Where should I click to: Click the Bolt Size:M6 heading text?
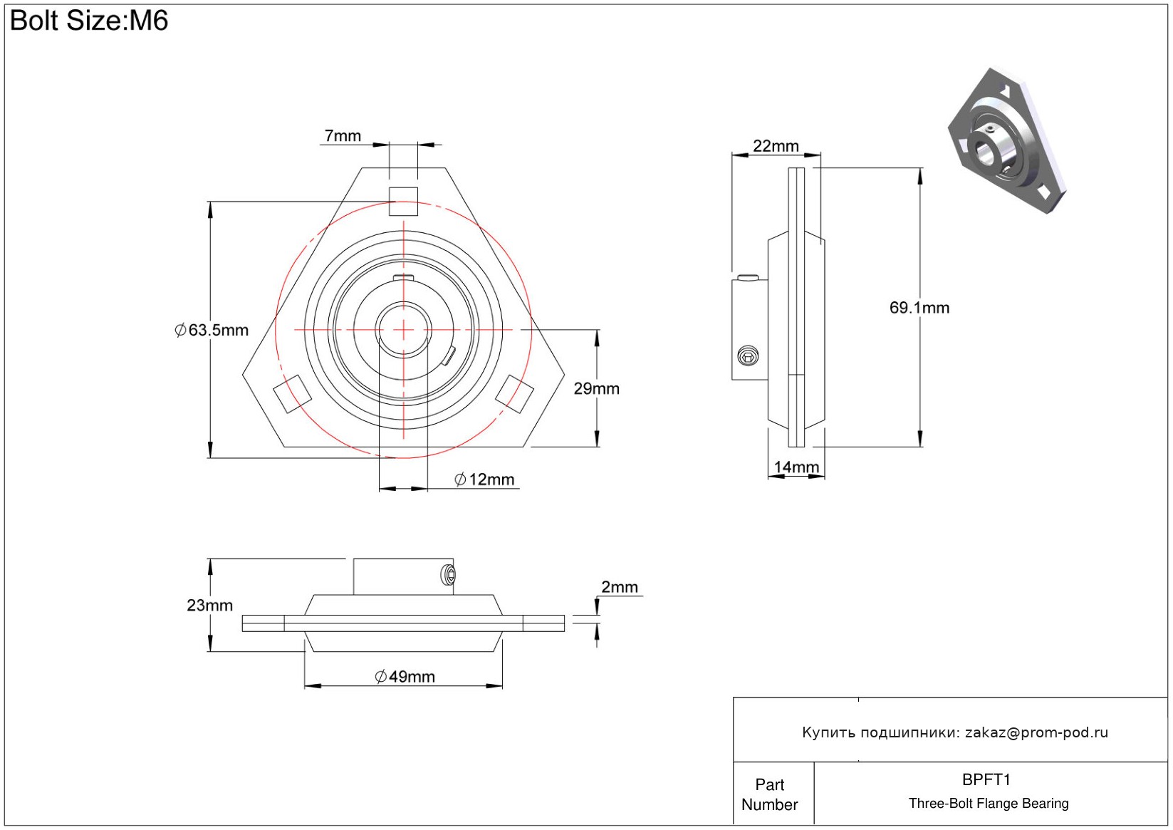point(89,21)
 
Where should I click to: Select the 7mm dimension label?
point(343,135)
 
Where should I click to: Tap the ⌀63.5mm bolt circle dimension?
point(212,330)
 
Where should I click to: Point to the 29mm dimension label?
point(596,389)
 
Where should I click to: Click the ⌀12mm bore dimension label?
point(484,479)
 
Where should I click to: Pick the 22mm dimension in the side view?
point(776,145)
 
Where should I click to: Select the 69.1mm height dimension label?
point(919,308)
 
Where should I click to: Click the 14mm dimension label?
point(796,467)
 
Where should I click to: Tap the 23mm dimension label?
point(209,605)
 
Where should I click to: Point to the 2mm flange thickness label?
point(620,587)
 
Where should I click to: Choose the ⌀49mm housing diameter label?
point(405,677)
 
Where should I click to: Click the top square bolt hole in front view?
point(403,201)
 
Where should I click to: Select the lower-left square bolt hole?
point(293,394)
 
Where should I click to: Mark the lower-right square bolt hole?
point(514,394)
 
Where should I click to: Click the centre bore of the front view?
point(403,330)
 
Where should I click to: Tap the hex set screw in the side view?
point(748,356)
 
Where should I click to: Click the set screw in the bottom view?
point(448,575)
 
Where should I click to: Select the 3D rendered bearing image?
point(1007,140)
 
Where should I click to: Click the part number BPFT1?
point(986,780)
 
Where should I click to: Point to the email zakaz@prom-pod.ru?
point(1036,732)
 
